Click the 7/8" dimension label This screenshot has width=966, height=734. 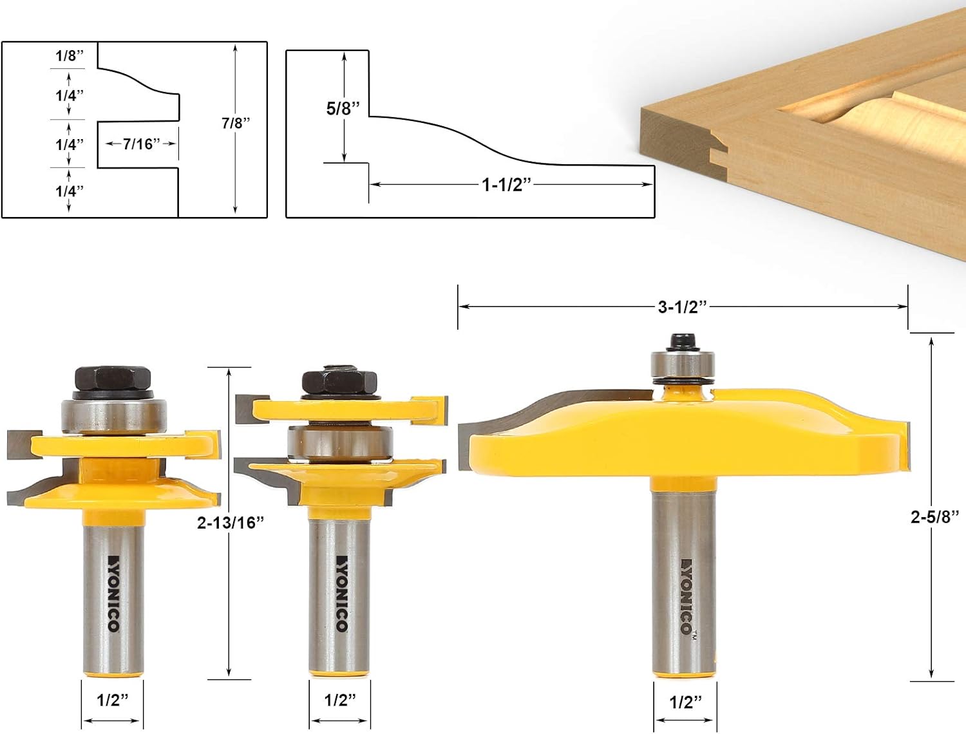pos(236,123)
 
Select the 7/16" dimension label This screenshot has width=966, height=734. pos(141,144)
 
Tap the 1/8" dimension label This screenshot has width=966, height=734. pos(70,56)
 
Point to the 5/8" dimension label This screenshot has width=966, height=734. pos(343,108)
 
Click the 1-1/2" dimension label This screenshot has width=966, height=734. pos(507,185)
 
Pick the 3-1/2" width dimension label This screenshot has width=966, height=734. pos(682,307)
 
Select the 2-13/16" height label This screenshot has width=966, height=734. pos(231,523)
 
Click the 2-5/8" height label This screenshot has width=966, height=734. pos(934,517)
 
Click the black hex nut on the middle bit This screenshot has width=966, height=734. pos(339,382)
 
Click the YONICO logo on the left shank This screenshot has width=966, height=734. pos(113,592)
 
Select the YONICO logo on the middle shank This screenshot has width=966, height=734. pos(341,592)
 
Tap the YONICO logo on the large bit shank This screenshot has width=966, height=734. pos(686,596)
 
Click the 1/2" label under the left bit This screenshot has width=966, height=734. pos(113,700)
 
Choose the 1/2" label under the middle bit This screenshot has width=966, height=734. pos(339,700)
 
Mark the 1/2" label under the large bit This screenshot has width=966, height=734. pos(685,701)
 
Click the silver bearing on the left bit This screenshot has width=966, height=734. pos(114,415)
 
